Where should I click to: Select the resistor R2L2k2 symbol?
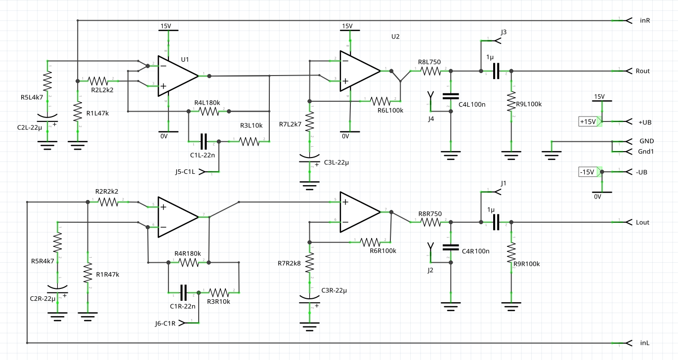point(98,80)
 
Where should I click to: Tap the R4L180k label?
point(207,103)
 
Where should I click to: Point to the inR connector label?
point(644,21)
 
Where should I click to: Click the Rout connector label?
point(642,71)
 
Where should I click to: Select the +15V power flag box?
point(588,121)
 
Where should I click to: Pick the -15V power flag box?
point(588,172)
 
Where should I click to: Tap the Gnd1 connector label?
point(646,151)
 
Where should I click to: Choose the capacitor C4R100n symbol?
point(450,246)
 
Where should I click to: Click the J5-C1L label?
point(185,171)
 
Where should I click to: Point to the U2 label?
point(395,37)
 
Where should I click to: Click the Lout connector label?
point(642,222)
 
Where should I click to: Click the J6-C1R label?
point(165,323)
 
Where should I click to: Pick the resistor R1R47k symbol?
point(87,273)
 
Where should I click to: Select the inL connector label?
point(644,343)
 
